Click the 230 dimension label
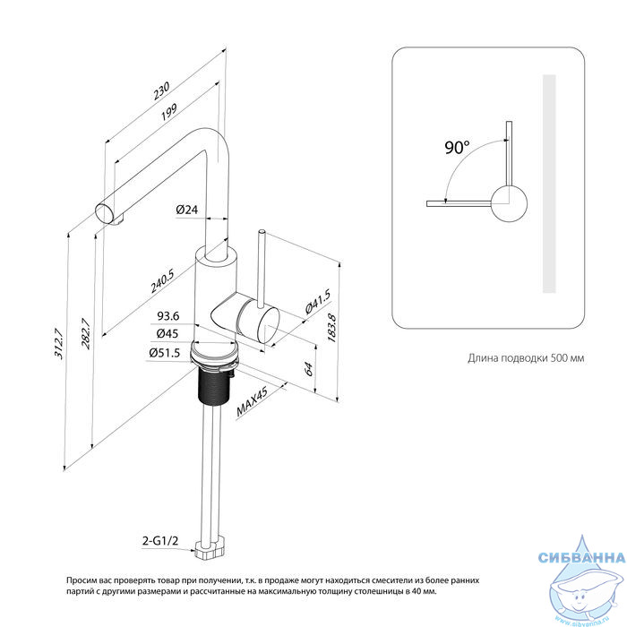point(161,90)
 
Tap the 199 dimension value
point(168,112)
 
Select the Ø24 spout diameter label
point(186,209)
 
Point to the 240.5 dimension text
point(162,281)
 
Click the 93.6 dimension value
point(168,316)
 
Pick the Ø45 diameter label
point(167,333)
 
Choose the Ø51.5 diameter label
point(164,353)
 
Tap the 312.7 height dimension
point(58,343)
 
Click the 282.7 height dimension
point(85,333)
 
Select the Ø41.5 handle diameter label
point(318,302)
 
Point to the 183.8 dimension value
point(332,328)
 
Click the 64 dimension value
point(308,369)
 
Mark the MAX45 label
point(252,402)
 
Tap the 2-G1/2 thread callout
point(160,541)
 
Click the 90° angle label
point(457,147)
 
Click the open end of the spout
point(105,213)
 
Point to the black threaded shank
point(214,385)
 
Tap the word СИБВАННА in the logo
point(582,557)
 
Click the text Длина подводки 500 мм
point(526,358)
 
